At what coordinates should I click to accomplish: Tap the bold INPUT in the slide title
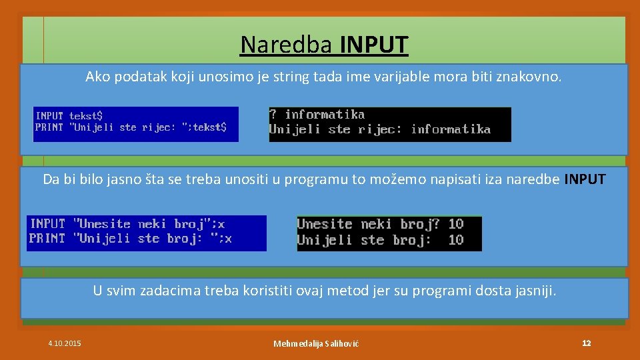tap(374, 45)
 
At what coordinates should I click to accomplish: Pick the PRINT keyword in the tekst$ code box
tap(49, 127)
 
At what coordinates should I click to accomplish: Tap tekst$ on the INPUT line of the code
tap(86, 115)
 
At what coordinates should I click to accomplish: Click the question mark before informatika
tap(273, 115)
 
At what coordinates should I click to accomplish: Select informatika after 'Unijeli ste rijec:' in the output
tap(451, 129)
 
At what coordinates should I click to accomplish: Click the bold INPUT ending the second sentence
tap(585, 179)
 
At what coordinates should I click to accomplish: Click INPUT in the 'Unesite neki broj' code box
tap(47, 224)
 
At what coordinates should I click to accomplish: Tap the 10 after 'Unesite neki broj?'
tap(456, 224)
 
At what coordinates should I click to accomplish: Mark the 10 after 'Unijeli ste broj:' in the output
tap(456, 240)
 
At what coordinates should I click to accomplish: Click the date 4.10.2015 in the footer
tap(65, 343)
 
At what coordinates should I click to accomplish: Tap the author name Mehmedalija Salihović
tap(316, 343)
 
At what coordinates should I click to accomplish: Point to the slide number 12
tap(586, 343)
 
